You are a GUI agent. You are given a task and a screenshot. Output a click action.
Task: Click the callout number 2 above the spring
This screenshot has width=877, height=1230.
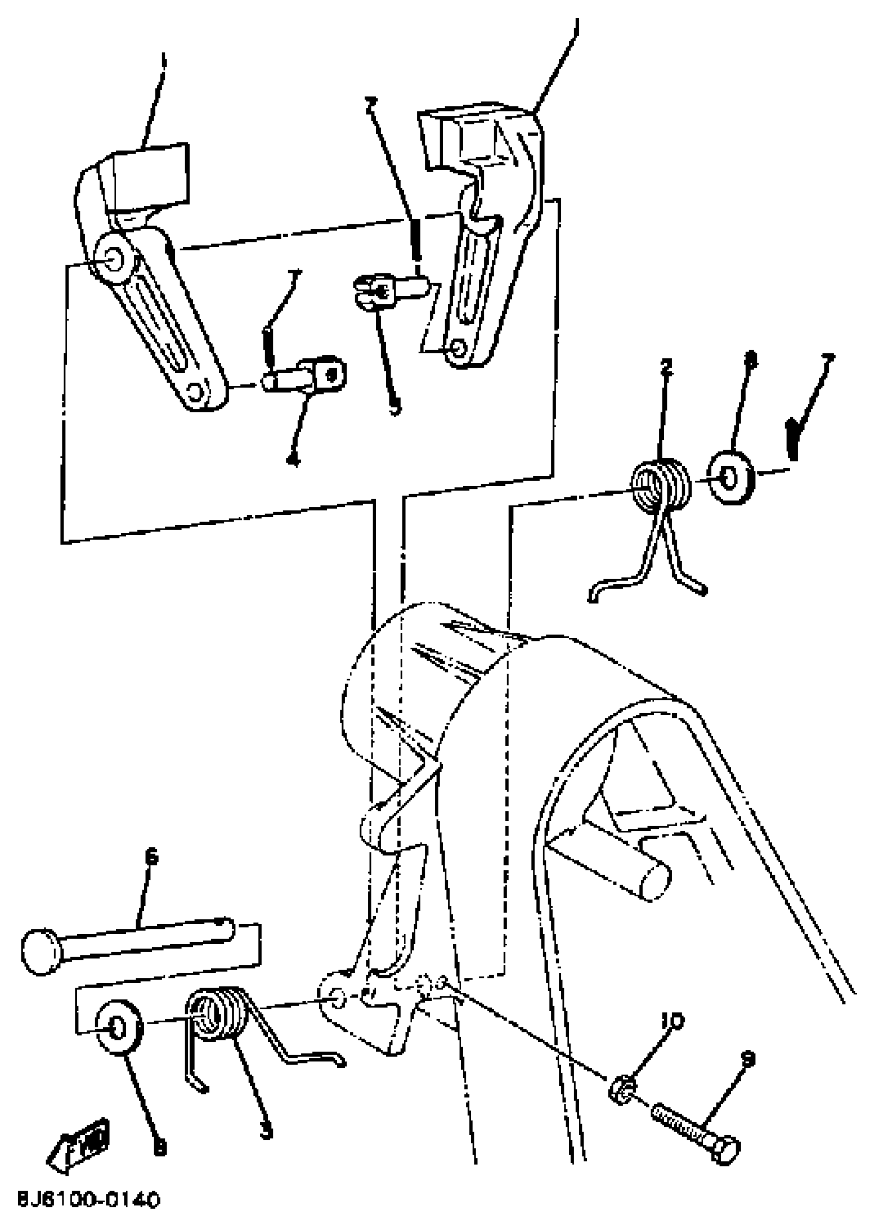tap(667, 367)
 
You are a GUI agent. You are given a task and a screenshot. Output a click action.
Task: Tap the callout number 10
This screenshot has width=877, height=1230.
tap(672, 1021)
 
